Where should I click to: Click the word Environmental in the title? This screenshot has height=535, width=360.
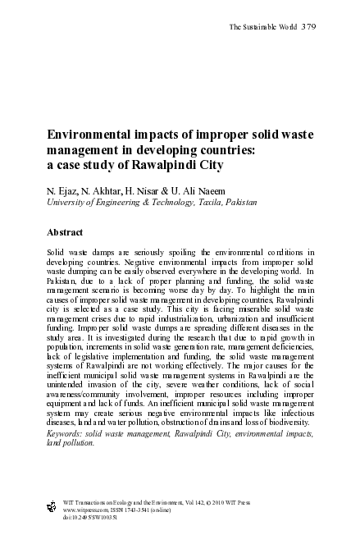(x=89, y=133)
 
